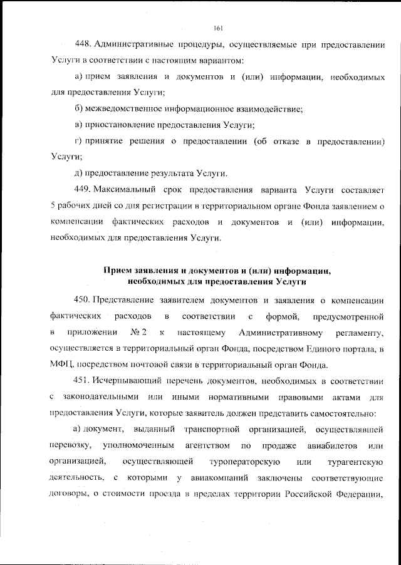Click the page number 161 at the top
(x=218, y=28)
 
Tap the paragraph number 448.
(x=83, y=44)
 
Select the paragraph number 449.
(x=83, y=189)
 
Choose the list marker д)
(x=79, y=173)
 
